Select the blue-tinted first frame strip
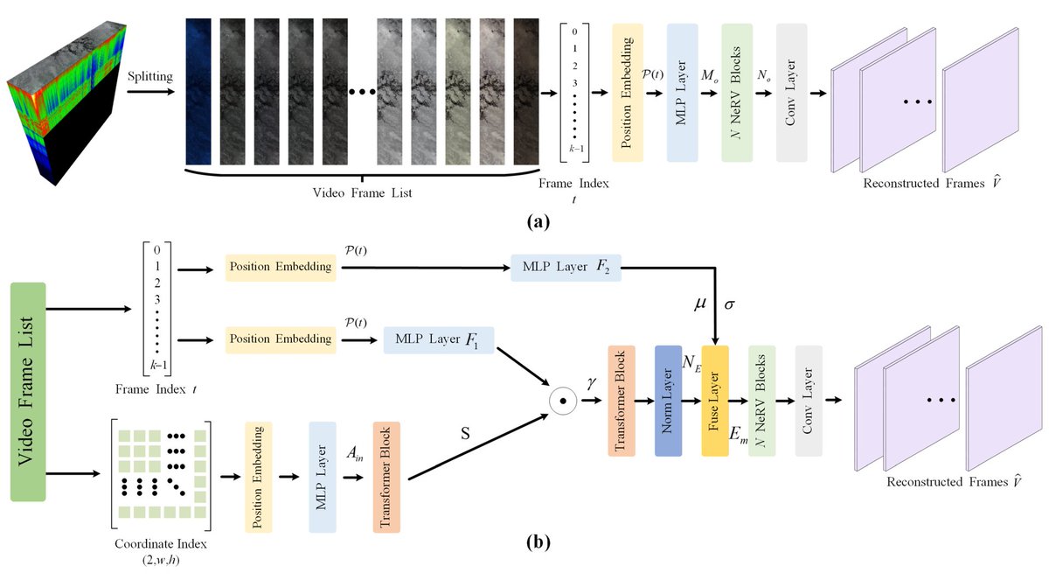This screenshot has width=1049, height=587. click(198, 92)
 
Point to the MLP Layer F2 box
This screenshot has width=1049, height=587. click(565, 266)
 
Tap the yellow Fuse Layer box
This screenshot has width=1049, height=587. click(715, 401)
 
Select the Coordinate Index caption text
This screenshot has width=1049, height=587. click(161, 543)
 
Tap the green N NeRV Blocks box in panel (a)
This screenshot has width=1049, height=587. click(737, 93)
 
